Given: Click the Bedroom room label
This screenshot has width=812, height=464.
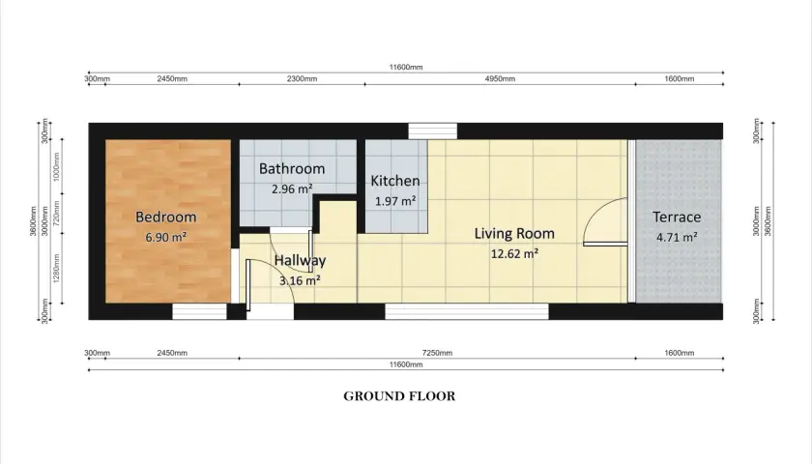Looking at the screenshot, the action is pos(165,217).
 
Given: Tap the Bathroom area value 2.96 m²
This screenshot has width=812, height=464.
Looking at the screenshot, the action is pos(292,189).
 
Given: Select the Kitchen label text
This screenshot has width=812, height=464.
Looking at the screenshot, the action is pos(395,181).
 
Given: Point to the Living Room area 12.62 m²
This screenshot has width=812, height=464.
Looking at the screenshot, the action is pos(514,253).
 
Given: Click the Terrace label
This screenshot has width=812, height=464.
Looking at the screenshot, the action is pos(677,217).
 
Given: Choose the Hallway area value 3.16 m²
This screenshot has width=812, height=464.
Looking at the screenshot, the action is pos(300,280).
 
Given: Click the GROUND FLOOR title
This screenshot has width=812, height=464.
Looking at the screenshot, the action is pos(399,396).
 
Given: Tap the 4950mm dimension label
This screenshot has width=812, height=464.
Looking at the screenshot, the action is pos(500,78).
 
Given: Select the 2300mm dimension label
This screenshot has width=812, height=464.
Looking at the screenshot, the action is pos(302,78).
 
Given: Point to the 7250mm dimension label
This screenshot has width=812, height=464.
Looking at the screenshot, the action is pos(437,353).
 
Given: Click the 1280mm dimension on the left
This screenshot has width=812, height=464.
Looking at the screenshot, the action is pos(56,268).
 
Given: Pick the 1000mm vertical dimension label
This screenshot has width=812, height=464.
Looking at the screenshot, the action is pos(56,165).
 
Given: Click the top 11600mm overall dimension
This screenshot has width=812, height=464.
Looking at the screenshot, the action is pos(406,67).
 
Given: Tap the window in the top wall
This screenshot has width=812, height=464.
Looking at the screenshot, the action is pos(432,131).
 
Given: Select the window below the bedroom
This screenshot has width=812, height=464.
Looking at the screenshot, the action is pos(199,311).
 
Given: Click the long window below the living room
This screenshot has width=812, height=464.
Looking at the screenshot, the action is pos(467,311).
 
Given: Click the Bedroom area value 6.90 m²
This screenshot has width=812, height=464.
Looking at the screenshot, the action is pos(165,237).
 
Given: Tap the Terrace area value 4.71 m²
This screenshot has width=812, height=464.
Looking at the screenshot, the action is pos(677,237).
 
